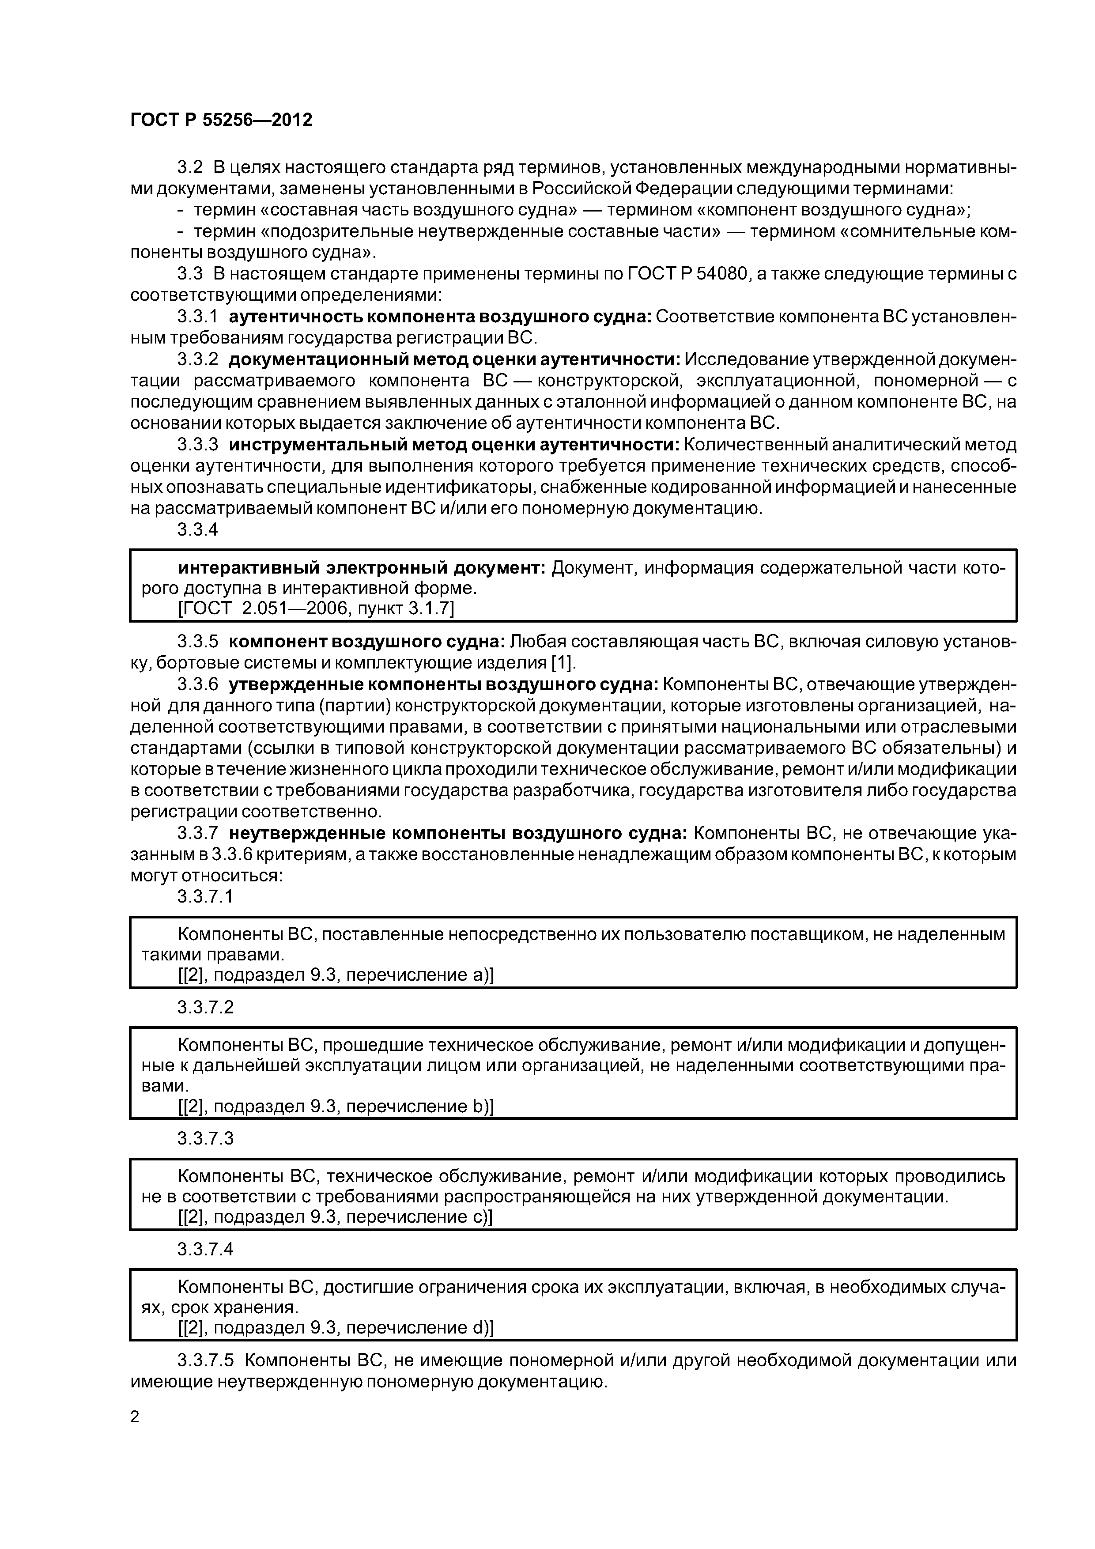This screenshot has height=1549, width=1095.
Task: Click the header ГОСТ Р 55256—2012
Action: click(221, 120)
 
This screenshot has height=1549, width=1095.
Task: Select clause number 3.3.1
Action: click(198, 317)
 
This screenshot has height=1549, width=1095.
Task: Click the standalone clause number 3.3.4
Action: click(198, 529)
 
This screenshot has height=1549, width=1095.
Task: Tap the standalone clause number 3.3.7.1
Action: click(205, 897)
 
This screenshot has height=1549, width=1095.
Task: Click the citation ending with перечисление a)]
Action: click(335, 975)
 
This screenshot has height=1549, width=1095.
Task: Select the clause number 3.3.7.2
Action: click(205, 1007)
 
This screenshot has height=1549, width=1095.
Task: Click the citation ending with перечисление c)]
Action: click(335, 1217)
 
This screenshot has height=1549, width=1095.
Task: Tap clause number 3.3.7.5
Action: click(205, 1360)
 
